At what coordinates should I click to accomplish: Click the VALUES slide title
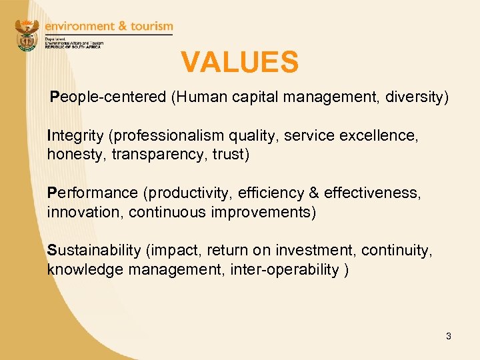[239, 63]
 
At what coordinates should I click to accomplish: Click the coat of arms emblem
[27, 35]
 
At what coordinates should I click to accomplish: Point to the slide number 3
[449, 336]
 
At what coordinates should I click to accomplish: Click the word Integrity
[75, 136]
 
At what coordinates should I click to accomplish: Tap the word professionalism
[167, 136]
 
